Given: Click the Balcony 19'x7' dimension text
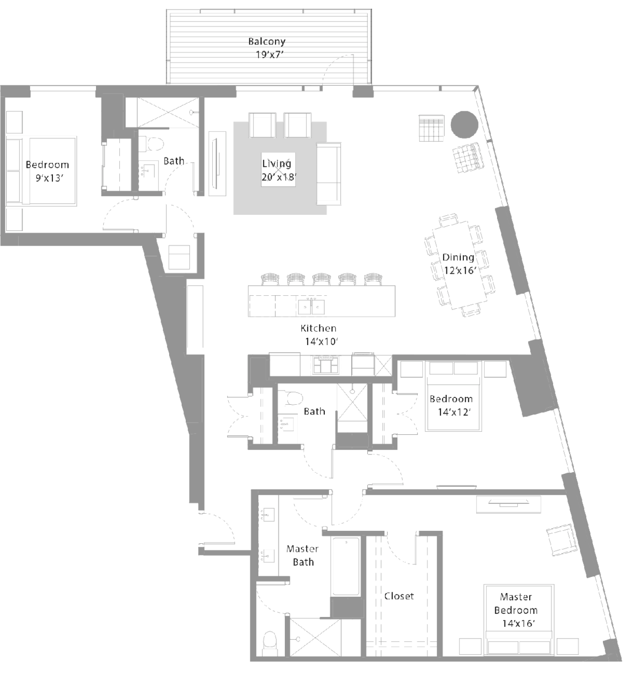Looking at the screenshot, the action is coord(270,55).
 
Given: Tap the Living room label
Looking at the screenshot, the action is coord(276,164).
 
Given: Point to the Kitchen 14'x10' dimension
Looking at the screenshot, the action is coord(321,341).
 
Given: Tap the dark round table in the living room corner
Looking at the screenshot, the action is coord(464,124).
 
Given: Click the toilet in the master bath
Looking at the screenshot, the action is coord(271,643).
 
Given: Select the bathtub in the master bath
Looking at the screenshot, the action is coord(345,566).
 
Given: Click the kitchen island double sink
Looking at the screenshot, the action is coord(311,307).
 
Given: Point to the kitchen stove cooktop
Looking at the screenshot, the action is coord(326,364).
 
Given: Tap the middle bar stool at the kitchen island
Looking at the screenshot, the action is coord(321,279).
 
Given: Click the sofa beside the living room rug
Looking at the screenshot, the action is coord(329,174).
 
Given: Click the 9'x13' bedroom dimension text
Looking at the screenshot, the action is coord(50,178).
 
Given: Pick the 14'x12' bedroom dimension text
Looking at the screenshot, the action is coord(454,412).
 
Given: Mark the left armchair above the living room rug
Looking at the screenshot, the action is coord(262,125).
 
